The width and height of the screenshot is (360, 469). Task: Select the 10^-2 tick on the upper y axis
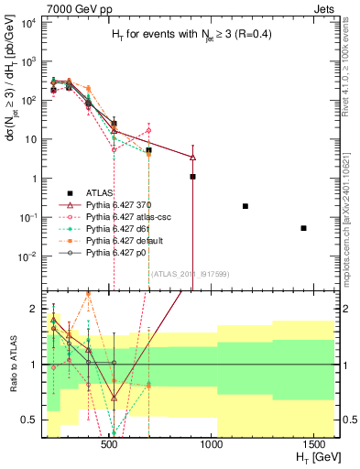(x=26, y=256)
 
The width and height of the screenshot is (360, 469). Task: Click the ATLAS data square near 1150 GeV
(x=245, y=206)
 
